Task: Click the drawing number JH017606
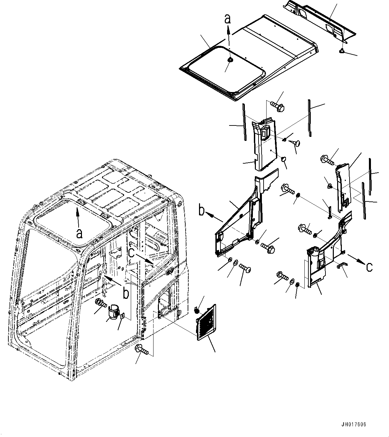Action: click(x=354, y=425)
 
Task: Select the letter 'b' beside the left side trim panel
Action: click(x=202, y=211)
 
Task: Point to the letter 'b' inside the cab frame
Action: click(x=125, y=293)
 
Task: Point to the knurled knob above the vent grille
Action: click(x=197, y=310)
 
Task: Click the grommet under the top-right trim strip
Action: click(x=342, y=51)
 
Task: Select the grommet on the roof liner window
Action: click(x=230, y=60)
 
